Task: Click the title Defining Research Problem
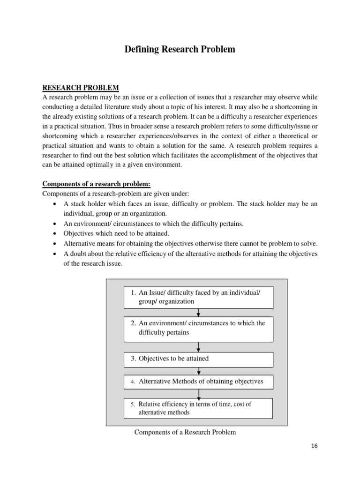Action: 180,49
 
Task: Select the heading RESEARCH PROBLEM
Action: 81,88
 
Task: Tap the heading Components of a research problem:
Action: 97,184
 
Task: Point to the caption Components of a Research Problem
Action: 185,432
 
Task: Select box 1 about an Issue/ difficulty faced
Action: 198,297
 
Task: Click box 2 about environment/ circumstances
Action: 198,328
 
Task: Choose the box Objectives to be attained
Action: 198,359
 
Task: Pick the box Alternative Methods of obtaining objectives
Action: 198,382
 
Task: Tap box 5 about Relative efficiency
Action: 198,408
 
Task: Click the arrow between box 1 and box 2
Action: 199,313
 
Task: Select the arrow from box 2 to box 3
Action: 199,347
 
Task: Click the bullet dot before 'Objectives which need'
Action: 56,234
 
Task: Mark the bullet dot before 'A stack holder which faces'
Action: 56,204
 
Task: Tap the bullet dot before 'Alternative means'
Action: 56,244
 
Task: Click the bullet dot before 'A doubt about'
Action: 56,254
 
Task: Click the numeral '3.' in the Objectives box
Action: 133,359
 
